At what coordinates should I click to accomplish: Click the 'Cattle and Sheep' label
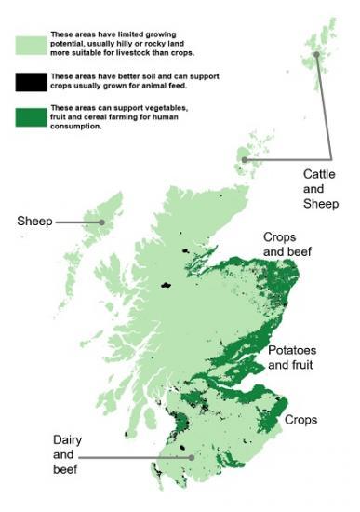321,188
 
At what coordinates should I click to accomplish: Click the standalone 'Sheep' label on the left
34,222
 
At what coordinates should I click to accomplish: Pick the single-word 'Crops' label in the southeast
301,420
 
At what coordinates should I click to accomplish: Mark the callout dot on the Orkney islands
245,159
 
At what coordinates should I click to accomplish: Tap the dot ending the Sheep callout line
101,222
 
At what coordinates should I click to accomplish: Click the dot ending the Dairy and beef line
191,457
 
